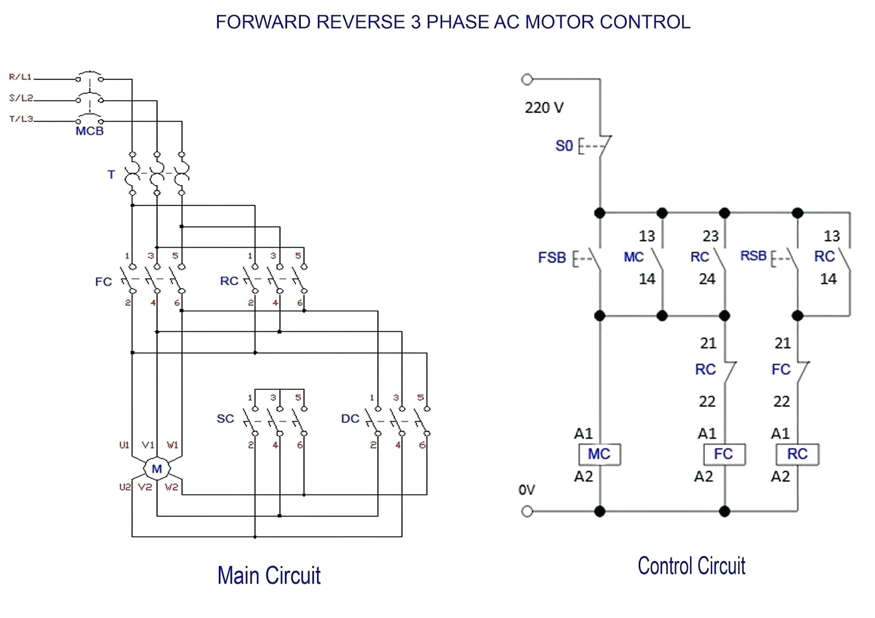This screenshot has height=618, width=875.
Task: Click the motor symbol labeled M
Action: click(x=157, y=469)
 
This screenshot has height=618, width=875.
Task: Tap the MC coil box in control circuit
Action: click(x=599, y=454)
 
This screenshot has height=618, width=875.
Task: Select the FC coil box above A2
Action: click(x=724, y=454)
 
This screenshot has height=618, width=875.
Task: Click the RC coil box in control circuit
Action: click(x=797, y=454)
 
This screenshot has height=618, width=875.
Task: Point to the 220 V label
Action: click(x=544, y=108)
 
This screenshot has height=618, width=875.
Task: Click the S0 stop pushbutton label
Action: click(x=564, y=146)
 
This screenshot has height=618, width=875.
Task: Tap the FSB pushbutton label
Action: click(x=552, y=257)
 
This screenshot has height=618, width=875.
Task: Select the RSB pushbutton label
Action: click(x=754, y=256)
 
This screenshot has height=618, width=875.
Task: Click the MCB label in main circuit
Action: click(x=90, y=131)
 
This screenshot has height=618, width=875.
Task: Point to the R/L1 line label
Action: click(x=20, y=77)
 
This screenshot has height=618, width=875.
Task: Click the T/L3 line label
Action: click(x=21, y=119)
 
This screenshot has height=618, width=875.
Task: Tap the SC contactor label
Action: click(x=225, y=419)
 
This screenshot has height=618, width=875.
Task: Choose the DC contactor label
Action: click(x=350, y=419)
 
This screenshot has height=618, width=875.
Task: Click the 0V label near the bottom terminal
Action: click(x=527, y=490)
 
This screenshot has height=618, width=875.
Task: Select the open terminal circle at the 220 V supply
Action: click(x=527, y=80)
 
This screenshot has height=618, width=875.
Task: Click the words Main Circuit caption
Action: click(x=269, y=575)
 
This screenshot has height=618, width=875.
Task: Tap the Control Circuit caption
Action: click(x=691, y=566)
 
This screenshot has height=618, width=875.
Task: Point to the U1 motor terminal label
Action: click(x=124, y=445)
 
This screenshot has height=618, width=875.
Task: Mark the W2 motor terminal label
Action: click(x=171, y=486)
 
